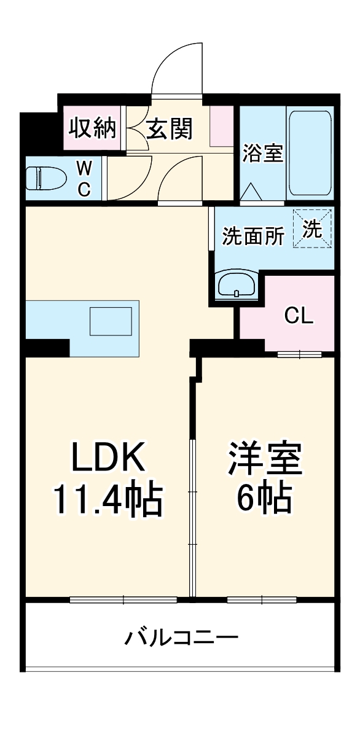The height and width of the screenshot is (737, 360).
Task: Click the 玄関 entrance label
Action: [x=170, y=128]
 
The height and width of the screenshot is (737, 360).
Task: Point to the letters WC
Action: [x=84, y=178]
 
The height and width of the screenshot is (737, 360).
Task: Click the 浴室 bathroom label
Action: [x=262, y=154]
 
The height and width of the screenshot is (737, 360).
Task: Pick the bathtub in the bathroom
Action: [x=310, y=154]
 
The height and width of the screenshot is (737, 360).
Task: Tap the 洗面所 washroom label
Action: [x=253, y=236]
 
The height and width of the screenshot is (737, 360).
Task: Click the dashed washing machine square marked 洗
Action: [x=312, y=229]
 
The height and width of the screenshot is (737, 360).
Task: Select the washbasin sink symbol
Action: [x=237, y=285]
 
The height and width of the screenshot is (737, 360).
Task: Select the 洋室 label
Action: [x=265, y=459]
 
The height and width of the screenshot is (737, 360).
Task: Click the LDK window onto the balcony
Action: [x=123, y=599]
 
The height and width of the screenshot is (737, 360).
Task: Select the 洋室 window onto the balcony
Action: [x=262, y=599]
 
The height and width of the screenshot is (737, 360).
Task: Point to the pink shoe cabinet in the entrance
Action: [x=221, y=126]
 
